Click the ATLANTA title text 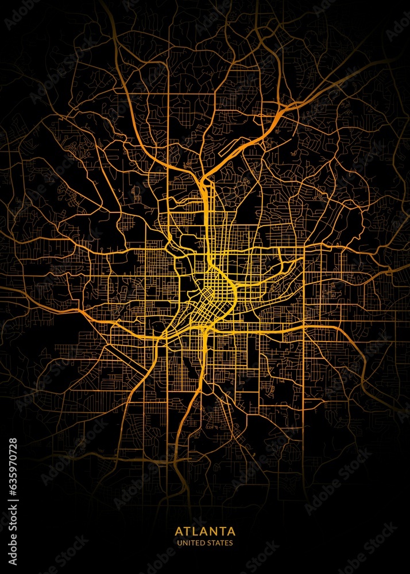[x=205, y=531]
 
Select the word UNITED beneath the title [x=192, y=543]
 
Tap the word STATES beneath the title [x=221, y=543]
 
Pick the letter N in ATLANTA [x=213, y=531]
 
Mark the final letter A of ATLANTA [x=231, y=531]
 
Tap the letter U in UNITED [x=179, y=543]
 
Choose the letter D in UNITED [x=204, y=543]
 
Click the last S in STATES [x=231, y=543]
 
